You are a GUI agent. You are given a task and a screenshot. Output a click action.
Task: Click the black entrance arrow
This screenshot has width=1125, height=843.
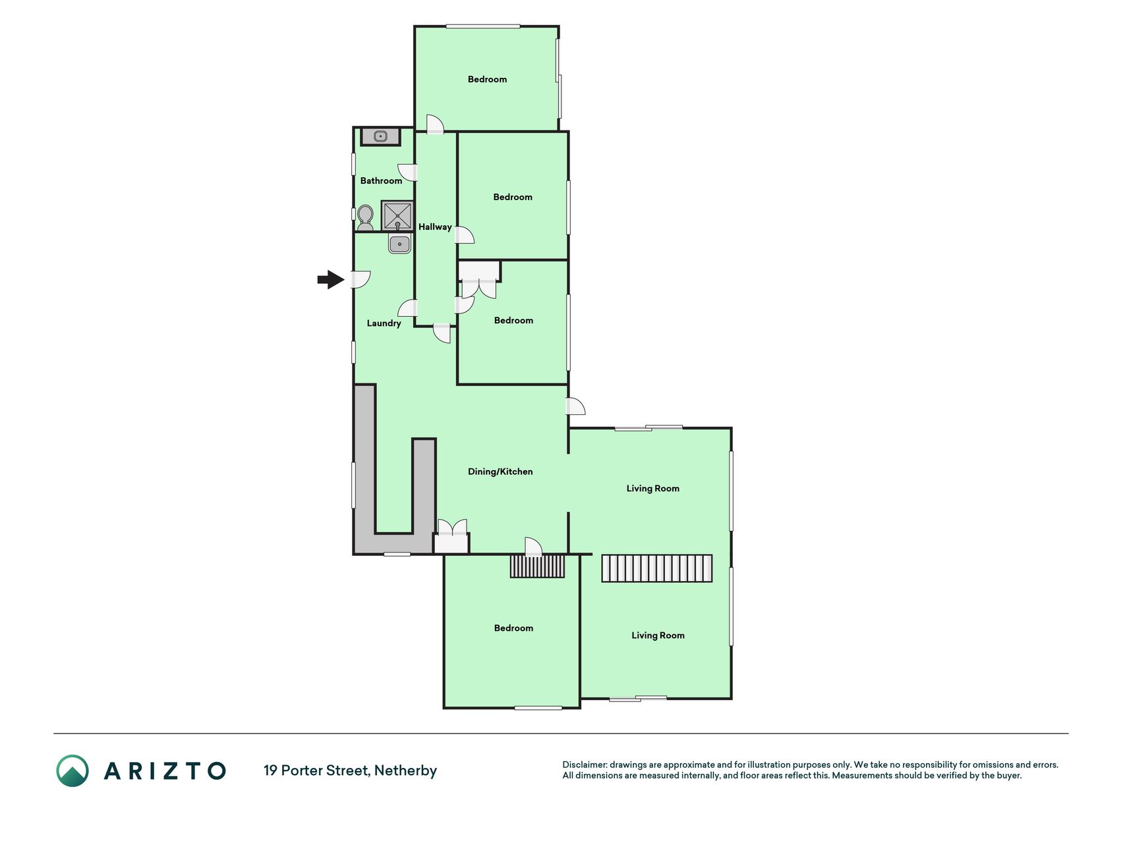331,280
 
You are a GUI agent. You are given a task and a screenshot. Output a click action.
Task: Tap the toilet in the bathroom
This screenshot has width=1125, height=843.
364,217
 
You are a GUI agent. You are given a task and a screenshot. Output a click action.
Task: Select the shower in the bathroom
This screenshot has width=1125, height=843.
397,216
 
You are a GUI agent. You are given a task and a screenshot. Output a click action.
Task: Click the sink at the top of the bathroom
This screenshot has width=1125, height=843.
380,136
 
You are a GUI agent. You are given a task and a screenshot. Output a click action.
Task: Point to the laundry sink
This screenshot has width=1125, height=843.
399,244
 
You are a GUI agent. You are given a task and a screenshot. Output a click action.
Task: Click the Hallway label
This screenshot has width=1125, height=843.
435,227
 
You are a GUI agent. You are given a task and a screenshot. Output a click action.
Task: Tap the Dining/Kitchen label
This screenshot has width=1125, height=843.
500,472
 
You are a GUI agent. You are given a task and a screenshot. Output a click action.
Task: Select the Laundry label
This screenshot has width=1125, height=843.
384,323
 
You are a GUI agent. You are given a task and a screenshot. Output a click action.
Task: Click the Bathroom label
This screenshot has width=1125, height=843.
381,180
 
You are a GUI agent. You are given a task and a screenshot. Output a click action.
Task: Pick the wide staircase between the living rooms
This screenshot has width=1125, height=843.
657,568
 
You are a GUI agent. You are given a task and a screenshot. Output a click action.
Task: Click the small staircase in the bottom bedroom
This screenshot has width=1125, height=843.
537,566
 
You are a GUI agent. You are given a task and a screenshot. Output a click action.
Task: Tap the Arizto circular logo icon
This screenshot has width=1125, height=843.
72,771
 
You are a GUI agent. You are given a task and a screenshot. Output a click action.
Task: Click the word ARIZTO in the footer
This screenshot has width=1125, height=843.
165,771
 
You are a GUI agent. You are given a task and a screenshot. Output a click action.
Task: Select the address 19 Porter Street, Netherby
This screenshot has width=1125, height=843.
350,771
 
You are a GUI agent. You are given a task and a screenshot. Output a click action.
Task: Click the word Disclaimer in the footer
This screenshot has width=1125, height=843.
584,765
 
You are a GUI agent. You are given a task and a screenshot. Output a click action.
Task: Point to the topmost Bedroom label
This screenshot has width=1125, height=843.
487,79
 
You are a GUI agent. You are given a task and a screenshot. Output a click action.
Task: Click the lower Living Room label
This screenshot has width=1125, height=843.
658,636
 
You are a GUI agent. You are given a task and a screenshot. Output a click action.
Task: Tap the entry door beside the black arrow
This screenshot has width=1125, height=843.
360,280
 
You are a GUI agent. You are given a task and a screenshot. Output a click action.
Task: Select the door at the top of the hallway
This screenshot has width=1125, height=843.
434,124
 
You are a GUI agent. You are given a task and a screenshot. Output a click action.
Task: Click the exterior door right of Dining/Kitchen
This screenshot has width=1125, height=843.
576,406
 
